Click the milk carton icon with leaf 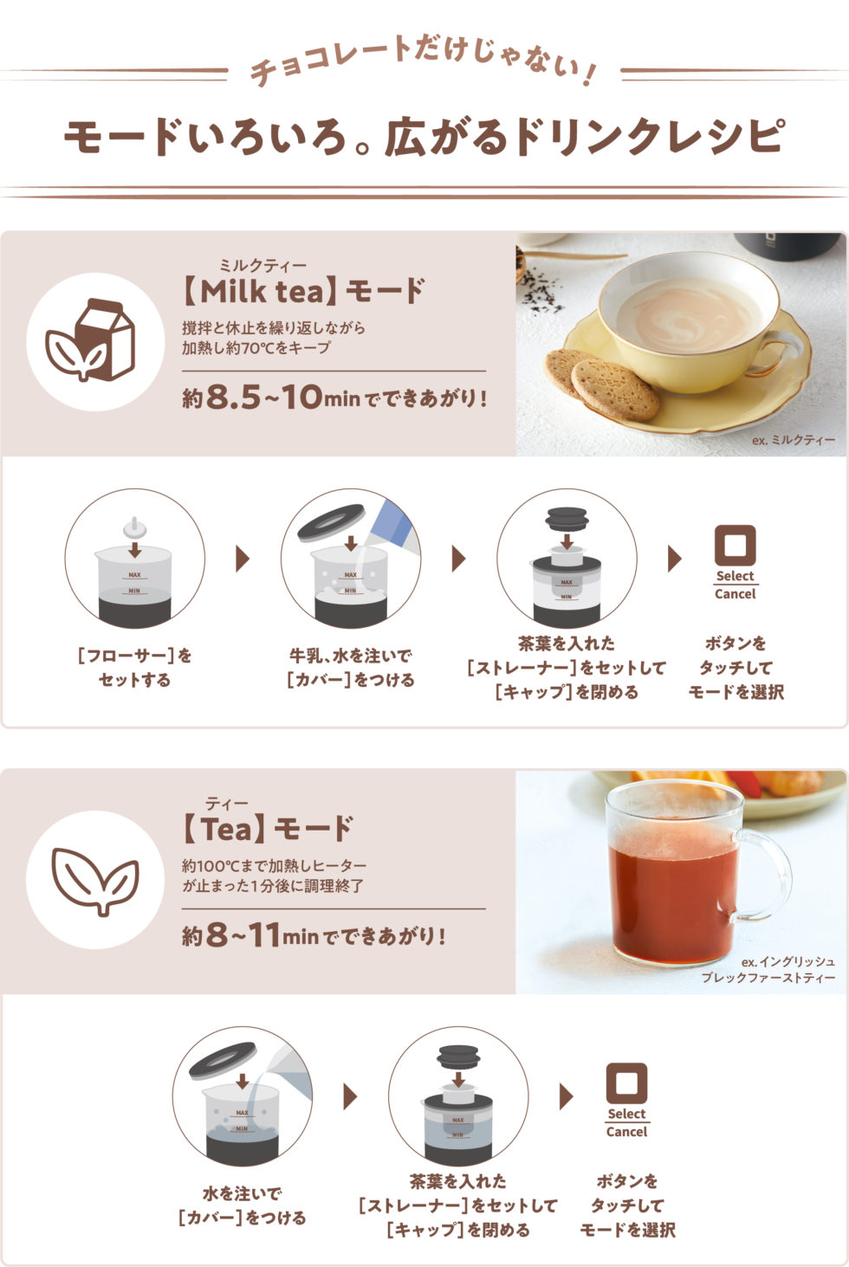pyautogui.click(x=91, y=340)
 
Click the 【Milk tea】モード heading pyautogui.click(x=304, y=291)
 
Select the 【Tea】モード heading pyautogui.click(x=267, y=829)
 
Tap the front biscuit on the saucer pyautogui.click(x=616, y=391)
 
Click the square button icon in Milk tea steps pyautogui.click(x=735, y=546)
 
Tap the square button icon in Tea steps pyautogui.click(x=626, y=1083)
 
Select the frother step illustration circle pyautogui.click(x=134, y=559)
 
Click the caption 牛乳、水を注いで pyautogui.click(x=350, y=656)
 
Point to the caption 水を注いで pyautogui.click(x=242, y=1193)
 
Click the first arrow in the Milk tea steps pyautogui.click(x=243, y=559)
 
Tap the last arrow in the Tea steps pyautogui.click(x=566, y=1096)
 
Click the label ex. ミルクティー pyautogui.click(x=793, y=439)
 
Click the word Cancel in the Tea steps pyautogui.click(x=626, y=1132)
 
